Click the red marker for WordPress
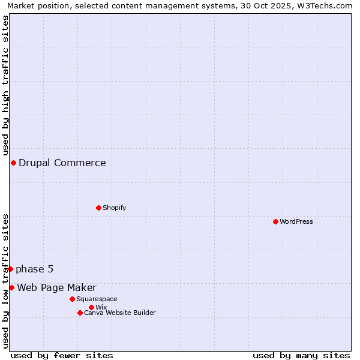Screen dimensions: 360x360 275,221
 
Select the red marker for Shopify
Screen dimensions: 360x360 98,208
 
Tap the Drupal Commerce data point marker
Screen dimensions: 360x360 13,163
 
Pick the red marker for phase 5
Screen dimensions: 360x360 10,269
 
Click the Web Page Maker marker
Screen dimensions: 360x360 11,287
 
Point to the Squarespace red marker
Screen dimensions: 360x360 72,299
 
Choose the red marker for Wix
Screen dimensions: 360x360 91,307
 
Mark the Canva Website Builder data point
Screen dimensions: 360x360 80,313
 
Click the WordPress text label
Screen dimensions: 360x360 296,221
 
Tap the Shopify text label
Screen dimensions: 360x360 114,208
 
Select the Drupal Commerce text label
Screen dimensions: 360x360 62,163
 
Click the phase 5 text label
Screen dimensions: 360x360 35,269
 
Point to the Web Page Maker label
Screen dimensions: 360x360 56,287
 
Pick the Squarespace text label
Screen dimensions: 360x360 97,299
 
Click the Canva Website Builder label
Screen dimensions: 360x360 120,313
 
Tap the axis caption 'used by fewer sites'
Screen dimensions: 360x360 62,355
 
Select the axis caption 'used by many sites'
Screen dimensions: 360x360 301,355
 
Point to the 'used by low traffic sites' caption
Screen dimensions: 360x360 5,281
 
